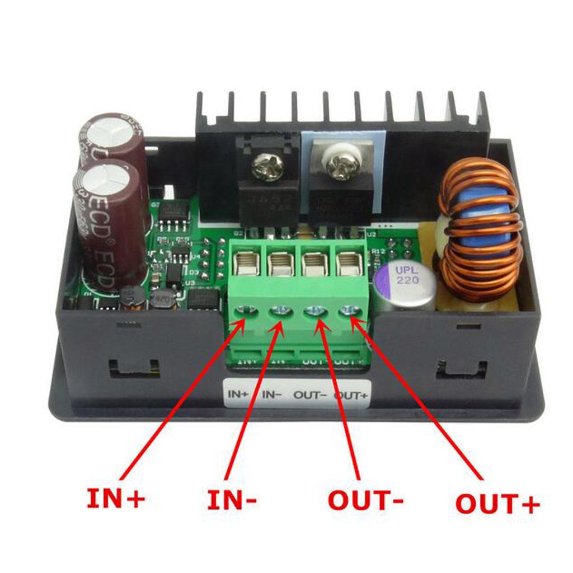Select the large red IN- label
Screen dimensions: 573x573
click(x=232, y=500)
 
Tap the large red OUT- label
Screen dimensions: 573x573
click(x=365, y=500)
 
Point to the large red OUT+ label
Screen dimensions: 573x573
click(x=497, y=503)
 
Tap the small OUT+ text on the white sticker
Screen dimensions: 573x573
click(x=351, y=394)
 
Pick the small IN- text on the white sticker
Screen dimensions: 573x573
click(x=272, y=394)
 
